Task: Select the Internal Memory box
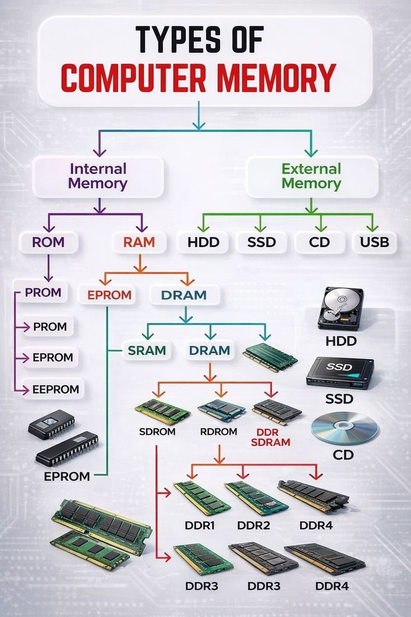coord(98,176)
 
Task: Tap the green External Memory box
coord(311,176)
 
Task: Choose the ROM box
coord(49,243)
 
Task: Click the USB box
coord(375,243)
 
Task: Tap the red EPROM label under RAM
coord(109,295)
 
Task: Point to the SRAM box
coord(147,350)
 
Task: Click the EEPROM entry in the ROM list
coord(56,389)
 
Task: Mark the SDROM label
coord(157,432)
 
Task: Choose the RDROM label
coord(218,432)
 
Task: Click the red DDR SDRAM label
coord(274,437)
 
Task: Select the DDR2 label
coord(254,525)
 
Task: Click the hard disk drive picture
coord(340,308)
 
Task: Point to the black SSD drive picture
coord(340,373)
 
